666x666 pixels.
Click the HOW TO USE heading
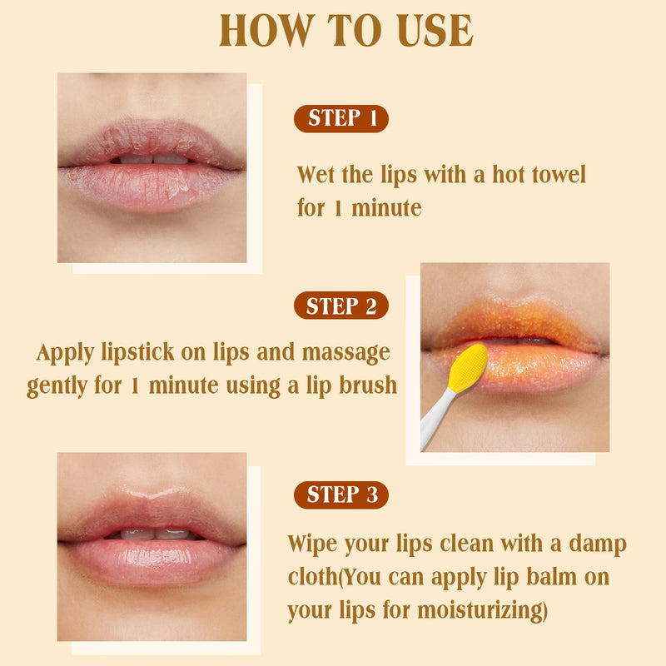click(x=345, y=32)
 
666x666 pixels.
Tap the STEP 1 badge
click(x=341, y=118)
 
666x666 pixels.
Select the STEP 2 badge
click(x=341, y=306)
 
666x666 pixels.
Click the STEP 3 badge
click(x=341, y=494)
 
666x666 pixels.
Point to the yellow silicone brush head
click(x=467, y=368)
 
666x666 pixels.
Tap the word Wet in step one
click(x=316, y=175)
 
